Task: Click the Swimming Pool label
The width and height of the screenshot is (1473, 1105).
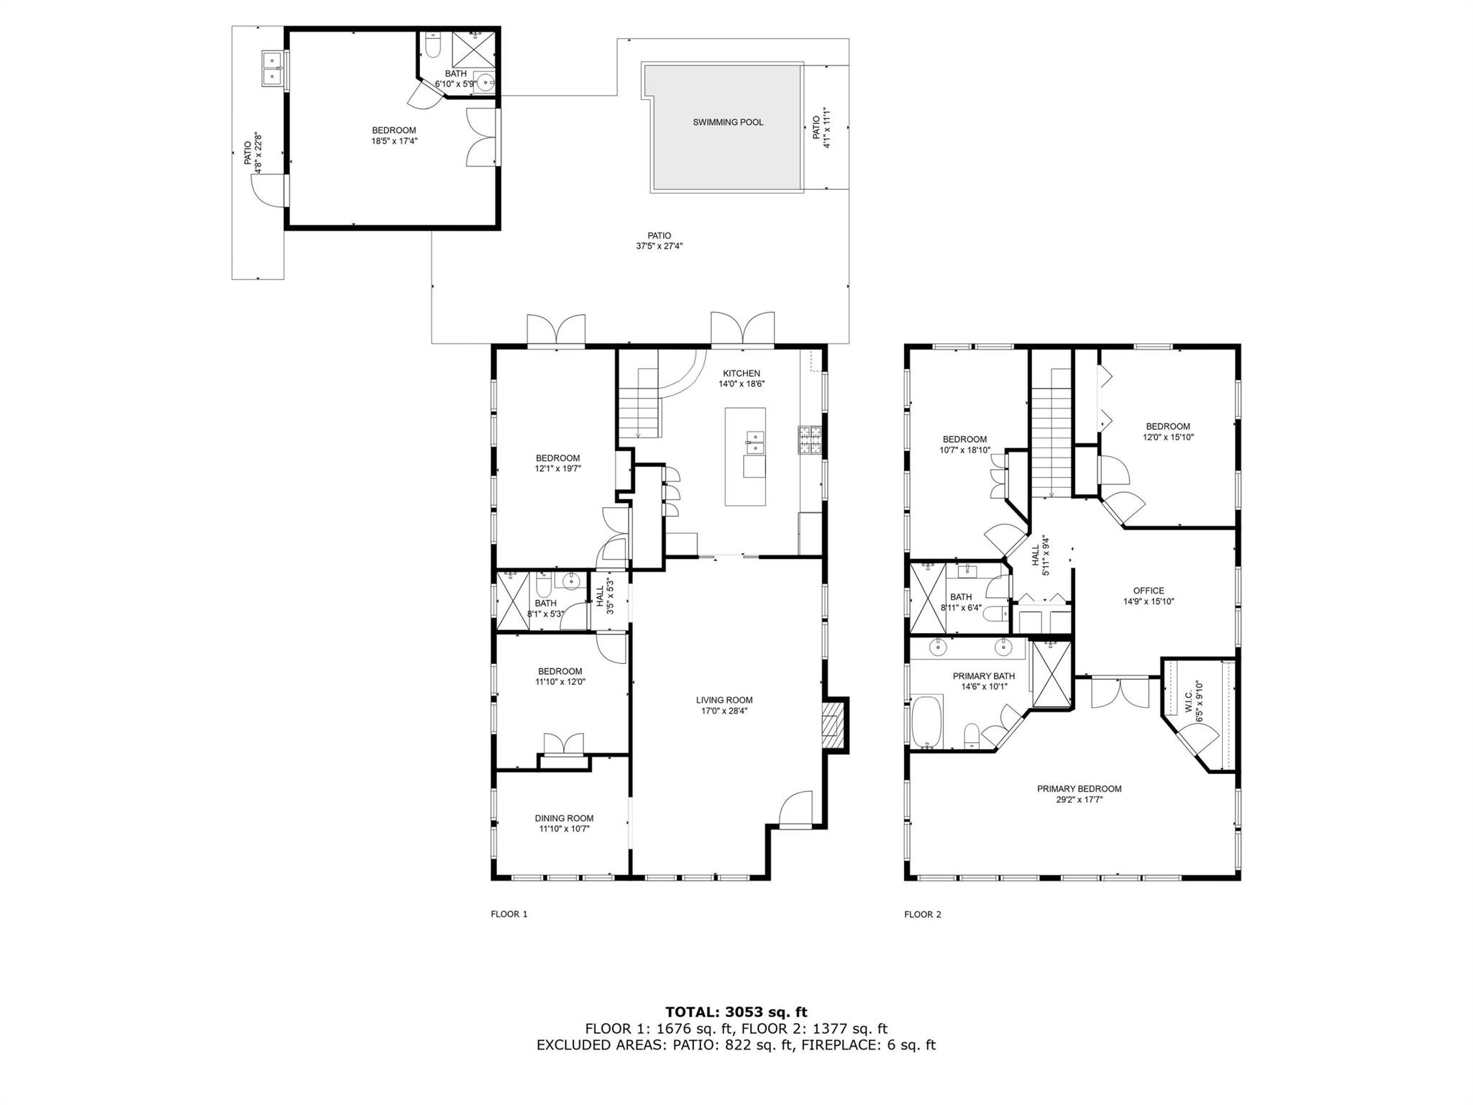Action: point(728,122)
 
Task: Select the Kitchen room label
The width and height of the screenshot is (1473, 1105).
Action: point(741,373)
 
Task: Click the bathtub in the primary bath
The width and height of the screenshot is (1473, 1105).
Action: point(928,722)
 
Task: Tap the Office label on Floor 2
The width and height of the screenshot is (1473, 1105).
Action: point(1148,591)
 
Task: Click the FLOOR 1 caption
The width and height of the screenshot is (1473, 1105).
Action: point(509,914)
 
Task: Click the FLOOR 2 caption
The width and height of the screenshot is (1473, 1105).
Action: point(923,914)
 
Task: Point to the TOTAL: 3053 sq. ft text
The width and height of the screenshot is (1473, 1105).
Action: point(736,1012)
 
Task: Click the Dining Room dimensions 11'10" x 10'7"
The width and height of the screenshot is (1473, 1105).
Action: point(564,829)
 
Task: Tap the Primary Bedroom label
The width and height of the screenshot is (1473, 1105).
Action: point(1079,788)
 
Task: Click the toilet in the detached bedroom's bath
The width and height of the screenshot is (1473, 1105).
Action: point(432,47)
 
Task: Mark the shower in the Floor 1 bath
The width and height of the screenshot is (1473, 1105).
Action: point(514,601)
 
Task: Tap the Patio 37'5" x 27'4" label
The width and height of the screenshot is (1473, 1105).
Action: point(659,240)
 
